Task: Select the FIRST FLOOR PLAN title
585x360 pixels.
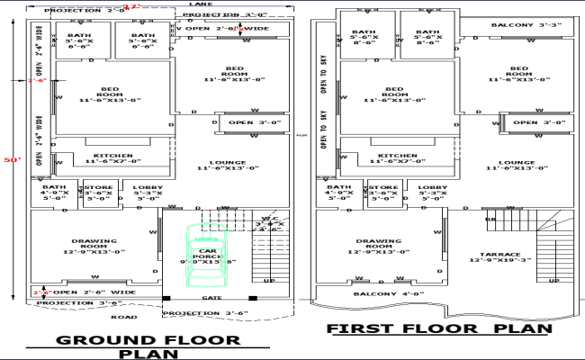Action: pos(438,329)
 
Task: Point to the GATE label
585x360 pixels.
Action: pos(211,297)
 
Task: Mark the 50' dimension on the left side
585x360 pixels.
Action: pos(13,159)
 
